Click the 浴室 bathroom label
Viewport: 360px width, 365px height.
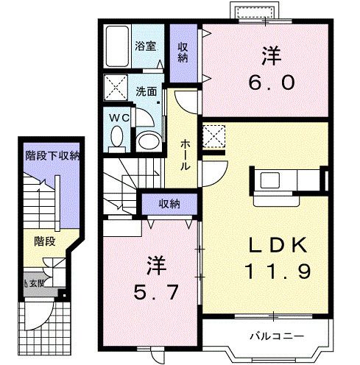click(144, 46)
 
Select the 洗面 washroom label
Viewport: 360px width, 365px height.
click(145, 92)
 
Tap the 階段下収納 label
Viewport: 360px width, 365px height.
click(52, 155)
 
